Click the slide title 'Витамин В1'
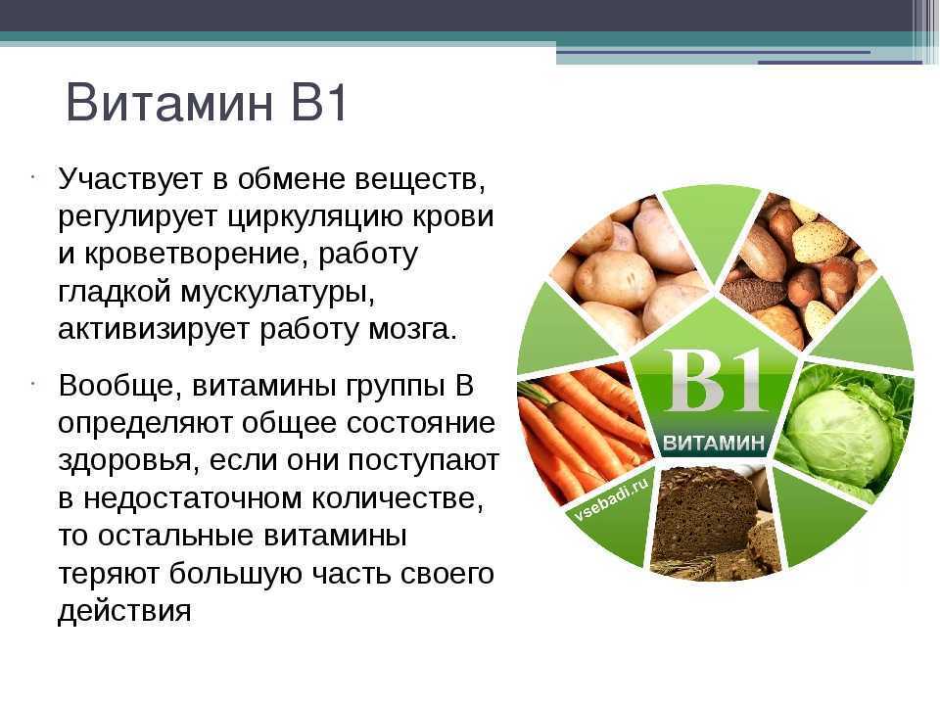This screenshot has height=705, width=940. tap(207, 103)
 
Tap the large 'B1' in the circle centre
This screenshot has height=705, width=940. tap(715, 381)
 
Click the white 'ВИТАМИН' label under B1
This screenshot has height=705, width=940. tap(714, 443)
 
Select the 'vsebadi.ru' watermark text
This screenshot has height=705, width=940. tap(611, 500)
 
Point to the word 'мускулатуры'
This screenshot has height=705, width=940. tap(277, 292)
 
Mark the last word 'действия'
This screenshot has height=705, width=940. tap(124, 611)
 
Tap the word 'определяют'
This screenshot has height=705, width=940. tap(145, 424)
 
